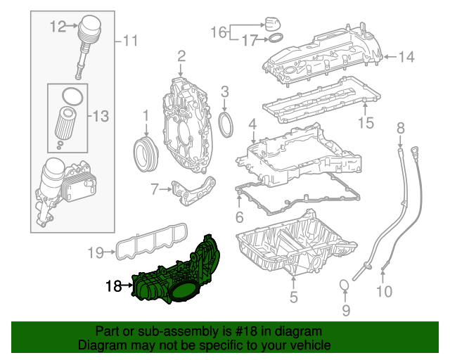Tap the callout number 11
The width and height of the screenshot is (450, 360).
click(130, 41)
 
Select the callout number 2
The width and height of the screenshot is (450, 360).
click(181, 56)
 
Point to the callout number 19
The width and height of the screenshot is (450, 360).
click(96, 251)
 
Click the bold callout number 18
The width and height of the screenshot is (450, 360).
click(113, 285)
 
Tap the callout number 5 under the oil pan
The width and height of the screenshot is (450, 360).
click(293, 298)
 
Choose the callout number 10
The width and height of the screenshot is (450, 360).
click(383, 291)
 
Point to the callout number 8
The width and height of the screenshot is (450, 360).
click(401, 127)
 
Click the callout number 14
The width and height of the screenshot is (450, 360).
click(408, 57)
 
